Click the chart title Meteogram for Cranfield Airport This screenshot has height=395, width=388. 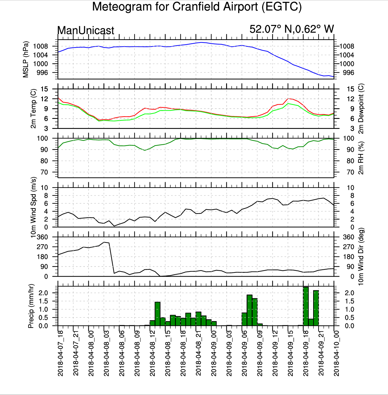click(x=197, y=7)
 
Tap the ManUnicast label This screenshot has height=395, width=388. click(x=86, y=30)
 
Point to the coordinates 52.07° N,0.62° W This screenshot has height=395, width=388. click(x=292, y=29)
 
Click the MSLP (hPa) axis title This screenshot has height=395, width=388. click(x=26, y=59)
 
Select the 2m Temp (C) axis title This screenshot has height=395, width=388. click(x=33, y=109)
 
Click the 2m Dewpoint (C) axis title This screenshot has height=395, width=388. click(x=361, y=109)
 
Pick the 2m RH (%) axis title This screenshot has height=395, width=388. click(x=361, y=158)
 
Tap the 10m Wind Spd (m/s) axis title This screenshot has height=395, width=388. click(x=33, y=207)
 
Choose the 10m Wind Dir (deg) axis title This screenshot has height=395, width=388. click(x=361, y=257)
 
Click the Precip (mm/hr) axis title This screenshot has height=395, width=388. click(x=31, y=306)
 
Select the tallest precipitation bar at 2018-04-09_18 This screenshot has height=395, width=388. click(x=306, y=306)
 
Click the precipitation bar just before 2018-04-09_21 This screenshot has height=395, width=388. click(x=316, y=308)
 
